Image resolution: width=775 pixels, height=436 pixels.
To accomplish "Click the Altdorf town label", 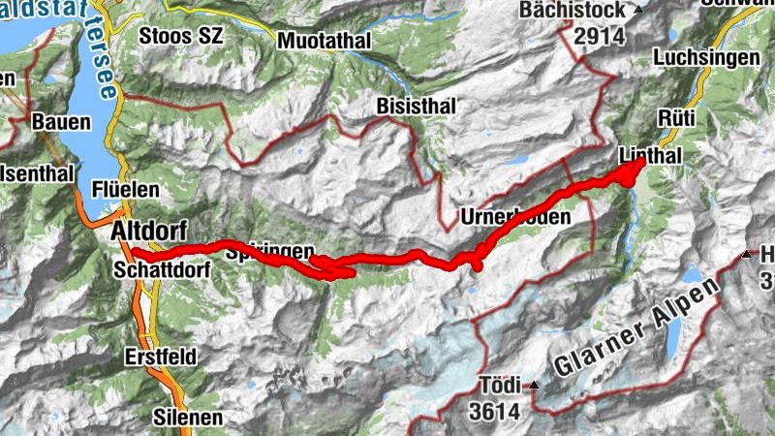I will [x=148, y=232].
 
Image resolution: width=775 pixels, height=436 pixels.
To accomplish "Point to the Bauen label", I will [x=61, y=123].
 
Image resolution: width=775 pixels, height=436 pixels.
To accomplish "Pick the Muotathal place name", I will [x=324, y=41].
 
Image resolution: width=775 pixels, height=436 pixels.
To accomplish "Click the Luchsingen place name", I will [x=706, y=58].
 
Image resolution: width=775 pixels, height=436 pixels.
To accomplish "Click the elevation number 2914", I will [x=601, y=37].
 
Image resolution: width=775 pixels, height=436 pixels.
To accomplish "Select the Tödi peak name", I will [x=500, y=383].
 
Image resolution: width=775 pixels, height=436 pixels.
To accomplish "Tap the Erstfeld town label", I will [x=160, y=357].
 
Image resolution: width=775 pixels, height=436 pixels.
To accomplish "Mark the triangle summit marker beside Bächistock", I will [x=637, y=10].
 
